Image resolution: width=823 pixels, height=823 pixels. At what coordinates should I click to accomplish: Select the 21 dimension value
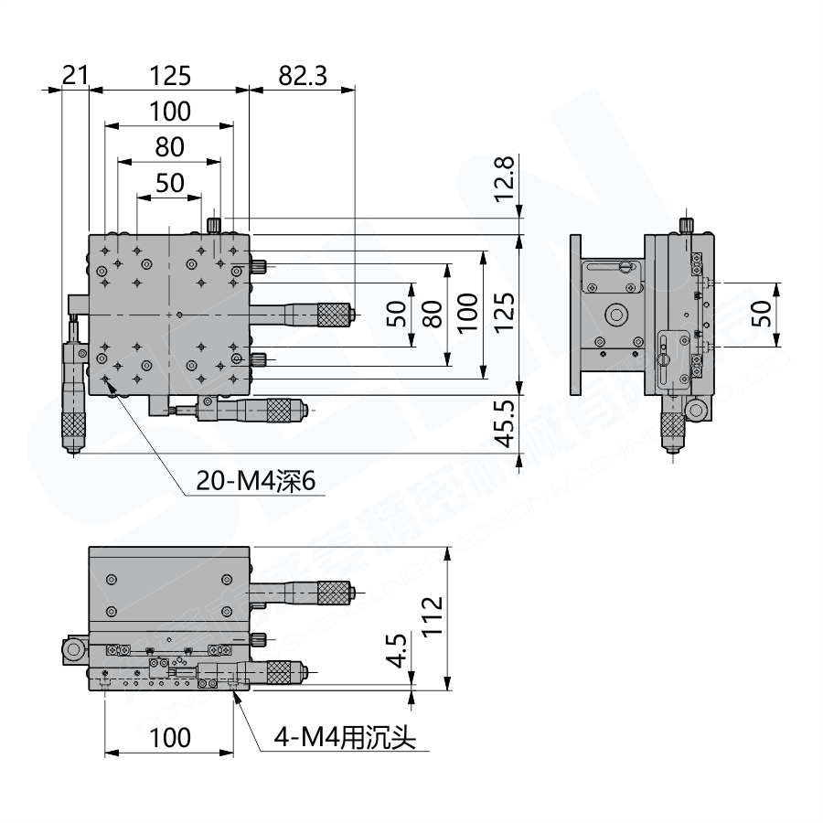tap(74, 76)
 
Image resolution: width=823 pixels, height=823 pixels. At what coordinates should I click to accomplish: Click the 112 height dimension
tap(433, 615)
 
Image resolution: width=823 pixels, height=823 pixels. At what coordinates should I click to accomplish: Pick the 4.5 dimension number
tap(396, 650)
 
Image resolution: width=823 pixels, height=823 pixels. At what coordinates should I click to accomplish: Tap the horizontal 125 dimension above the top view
tap(169, 76)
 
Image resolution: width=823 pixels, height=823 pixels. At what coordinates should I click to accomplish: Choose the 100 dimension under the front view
tap(169, 737)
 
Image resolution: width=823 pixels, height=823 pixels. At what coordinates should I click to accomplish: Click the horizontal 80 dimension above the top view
tap(169, 146)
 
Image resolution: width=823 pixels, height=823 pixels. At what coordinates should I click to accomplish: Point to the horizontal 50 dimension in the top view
tap(169, 182)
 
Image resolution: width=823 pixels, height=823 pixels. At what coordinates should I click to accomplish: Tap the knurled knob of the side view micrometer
tap(672, 426)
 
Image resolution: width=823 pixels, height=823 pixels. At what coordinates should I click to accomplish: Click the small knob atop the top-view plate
tap(215, 224)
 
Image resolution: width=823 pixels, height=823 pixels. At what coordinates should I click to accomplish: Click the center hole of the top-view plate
tap(180, 315)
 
